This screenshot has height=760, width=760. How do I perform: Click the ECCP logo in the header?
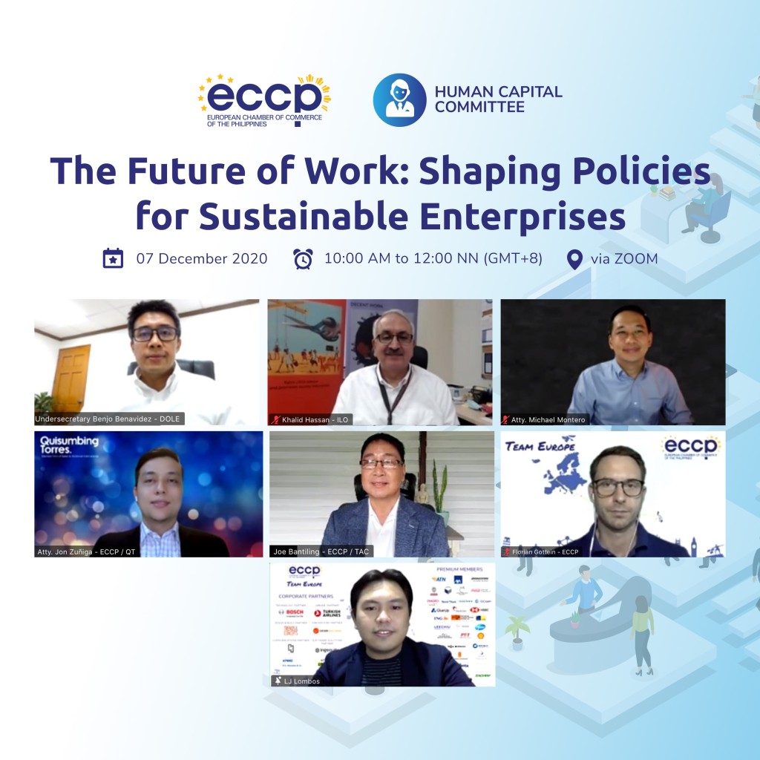[x=264, y=100]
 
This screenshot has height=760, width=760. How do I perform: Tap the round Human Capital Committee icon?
[x=399, y=99]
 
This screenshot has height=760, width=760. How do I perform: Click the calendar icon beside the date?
[x=113, y=259]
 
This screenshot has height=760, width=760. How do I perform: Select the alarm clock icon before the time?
[x=303, y=259]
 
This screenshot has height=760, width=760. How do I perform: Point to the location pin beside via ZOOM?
[x=574, y=259]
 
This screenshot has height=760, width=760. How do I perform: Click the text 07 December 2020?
[x=202, y=259]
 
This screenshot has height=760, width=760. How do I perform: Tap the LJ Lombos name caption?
[x=301, y=681]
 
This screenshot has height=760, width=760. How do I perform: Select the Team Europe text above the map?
[x=541, y=445]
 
